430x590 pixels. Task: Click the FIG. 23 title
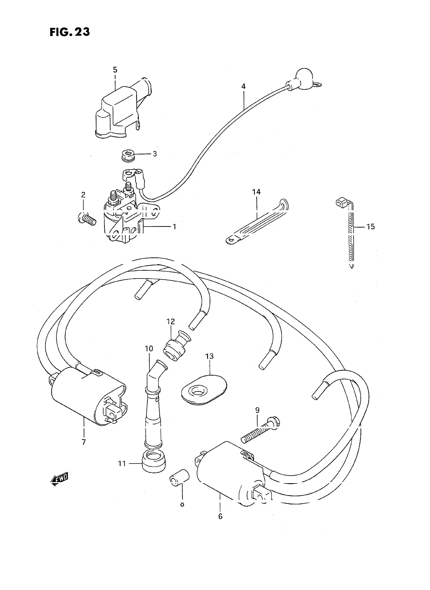point(70,32)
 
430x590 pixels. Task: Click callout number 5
point(115,70)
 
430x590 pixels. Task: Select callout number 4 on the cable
point(243,86)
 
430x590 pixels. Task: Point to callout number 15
point(371,227)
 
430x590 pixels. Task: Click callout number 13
point(209,356)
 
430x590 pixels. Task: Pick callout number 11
point(122,464)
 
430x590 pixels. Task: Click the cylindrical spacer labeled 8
point(180,478)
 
